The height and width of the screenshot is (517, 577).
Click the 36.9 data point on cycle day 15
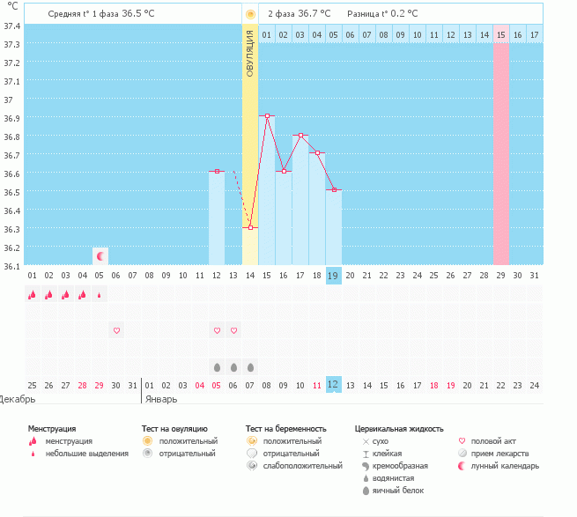coord(267,115)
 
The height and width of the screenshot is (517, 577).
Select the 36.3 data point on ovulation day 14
coord(250,227)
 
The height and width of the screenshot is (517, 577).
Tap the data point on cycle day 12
coord(217,171)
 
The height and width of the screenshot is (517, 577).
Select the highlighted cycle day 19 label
coord(333,275)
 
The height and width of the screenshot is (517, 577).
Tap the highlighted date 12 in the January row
coord(333,385)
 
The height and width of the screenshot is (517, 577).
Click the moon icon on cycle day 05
coord(100,255)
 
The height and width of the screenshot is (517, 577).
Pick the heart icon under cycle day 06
coord(116,330)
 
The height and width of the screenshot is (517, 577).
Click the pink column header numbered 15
coord(500,34)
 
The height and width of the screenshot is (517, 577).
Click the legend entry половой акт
coord(494,440)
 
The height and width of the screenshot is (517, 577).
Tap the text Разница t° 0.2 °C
coord(382,14)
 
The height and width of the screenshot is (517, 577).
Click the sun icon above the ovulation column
coord(250,14)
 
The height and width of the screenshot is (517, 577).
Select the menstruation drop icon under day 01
coord(32,295)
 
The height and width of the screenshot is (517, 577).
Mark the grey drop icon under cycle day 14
coord(250,366)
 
